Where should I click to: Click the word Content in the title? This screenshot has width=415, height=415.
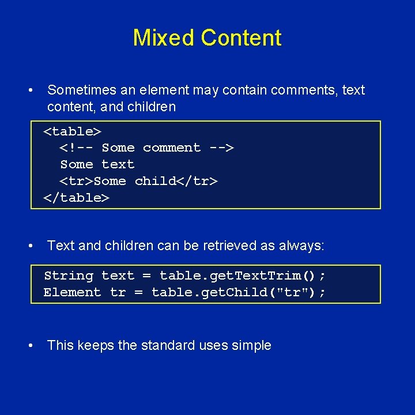click(x=242, y=38)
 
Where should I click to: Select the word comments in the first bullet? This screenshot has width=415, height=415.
click(x=304, y=90)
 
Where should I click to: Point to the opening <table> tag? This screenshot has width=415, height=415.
click(x=73, y=131)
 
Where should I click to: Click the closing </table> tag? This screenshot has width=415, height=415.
click(x=77, y=198)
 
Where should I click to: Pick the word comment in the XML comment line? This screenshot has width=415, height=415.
click(x=172, y=148)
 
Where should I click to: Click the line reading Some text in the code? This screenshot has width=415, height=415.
click(x=97, y=164)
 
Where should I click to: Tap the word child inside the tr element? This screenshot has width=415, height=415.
click(x=155, y=181)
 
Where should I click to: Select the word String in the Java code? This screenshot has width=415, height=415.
click(x=68, y=276)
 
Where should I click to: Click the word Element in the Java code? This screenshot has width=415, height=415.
click(x=72, y=292)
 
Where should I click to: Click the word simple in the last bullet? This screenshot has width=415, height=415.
click(x=252, y=346)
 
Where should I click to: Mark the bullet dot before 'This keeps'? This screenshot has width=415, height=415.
click(x=29, y=346)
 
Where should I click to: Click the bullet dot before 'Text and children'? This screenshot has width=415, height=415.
click(x=29, y=246)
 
